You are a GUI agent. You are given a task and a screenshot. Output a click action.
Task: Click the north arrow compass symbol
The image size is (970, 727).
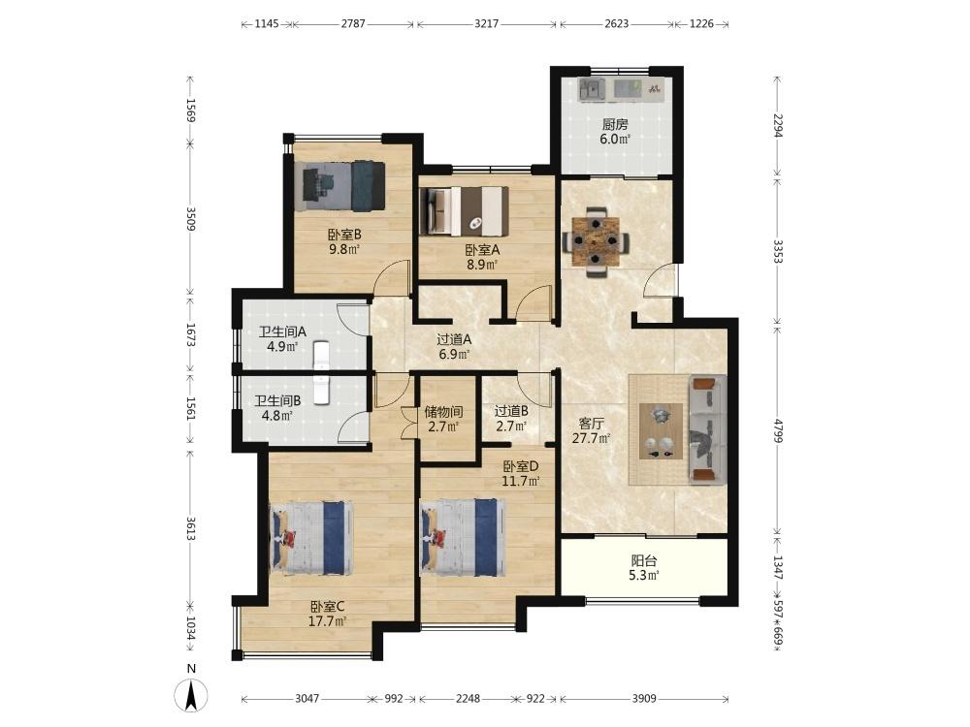click(x=192, y=695)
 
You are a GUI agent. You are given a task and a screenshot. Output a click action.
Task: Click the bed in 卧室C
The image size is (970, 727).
click(x=311, y=538)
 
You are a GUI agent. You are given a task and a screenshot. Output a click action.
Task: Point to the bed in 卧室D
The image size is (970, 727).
click(x=463, y=538)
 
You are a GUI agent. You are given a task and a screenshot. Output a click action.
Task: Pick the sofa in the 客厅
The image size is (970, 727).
click(x=708, y=429)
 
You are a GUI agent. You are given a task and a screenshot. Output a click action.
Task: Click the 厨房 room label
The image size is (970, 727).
click(x=615, y=124)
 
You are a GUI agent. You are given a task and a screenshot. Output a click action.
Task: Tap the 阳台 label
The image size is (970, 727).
click(x=643, y=560)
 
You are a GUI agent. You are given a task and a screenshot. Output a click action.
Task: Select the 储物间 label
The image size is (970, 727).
click(x=444, y=411)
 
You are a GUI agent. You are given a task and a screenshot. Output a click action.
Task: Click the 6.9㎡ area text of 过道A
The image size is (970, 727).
click(x=454, y=354)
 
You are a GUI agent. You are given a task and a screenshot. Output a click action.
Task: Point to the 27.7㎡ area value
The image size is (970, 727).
click(x=591, y=438)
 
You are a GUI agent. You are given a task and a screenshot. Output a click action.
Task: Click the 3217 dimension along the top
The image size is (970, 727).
click(x=486, y=23)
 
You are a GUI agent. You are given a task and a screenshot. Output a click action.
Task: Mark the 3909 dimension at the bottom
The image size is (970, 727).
click(x=644, y=698)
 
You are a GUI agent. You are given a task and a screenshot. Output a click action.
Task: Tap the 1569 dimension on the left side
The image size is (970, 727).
click(x=190, y=111)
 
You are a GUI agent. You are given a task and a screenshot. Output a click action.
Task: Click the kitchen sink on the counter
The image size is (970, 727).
click(x=592, y=89)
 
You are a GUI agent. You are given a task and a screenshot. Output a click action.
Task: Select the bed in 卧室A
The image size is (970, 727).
click(x=464, y=211)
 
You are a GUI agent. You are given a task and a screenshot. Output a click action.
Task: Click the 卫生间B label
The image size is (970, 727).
click(x=277, y=401)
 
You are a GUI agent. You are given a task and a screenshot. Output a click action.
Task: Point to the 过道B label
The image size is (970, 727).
click(x=511, y=411)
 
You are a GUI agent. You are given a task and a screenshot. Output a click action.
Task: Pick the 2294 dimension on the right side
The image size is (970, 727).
click(x=778, y=133)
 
